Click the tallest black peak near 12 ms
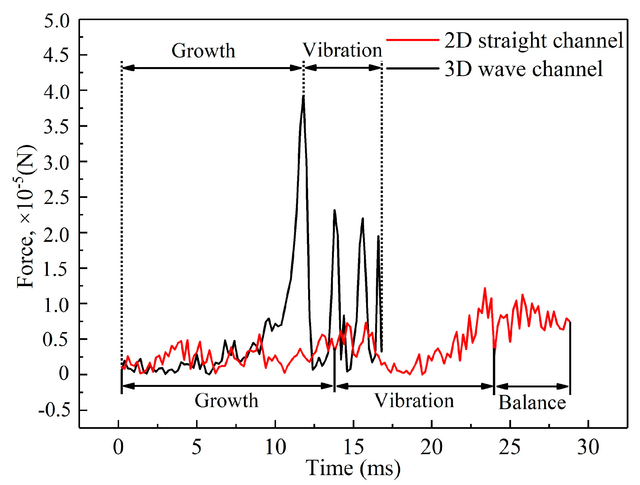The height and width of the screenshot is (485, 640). pyautogui.click(x=303, y=96)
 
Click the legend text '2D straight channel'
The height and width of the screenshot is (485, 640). pyautogui.click(x=534, y=41)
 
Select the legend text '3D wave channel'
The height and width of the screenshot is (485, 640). pyautogui.click(x=524, y=69)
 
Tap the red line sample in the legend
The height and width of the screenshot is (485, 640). pyautogui.click(x=413, y=40)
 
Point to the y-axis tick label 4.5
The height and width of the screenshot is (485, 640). pyautogui.click(x=57, y=55)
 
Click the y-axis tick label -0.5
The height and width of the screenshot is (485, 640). pyautogui.click(x=55, y=410)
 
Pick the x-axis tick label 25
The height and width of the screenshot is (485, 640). pyautogui.click(x=509, y=447)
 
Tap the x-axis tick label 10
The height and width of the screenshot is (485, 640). pyautogui.click(x=275, y=447)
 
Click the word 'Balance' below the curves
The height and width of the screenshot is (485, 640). pyautogui.click(x=532, y=403)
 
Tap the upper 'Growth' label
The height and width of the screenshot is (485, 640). pyautogui.click(x=203, y=51)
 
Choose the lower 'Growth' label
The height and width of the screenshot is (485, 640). pyautogui.click(x=226, y=401)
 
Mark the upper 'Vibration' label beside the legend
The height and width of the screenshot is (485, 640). pyautogui.click(x=342, y=50)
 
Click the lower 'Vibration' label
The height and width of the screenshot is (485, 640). pyautogui.click(x=414, y=401)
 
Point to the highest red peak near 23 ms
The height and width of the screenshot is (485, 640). pyautogui.click(x=485, y=288)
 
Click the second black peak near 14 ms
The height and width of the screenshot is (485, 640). pyautogui.click(x=335, y=210)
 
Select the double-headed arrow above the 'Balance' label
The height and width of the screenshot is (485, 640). pyautogui.click(x=532, y=386)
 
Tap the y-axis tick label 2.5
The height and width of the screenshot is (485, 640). pyautogui.click(x=57, y=197)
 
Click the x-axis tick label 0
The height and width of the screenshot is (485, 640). pyautogui.click(x=118, y=447)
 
